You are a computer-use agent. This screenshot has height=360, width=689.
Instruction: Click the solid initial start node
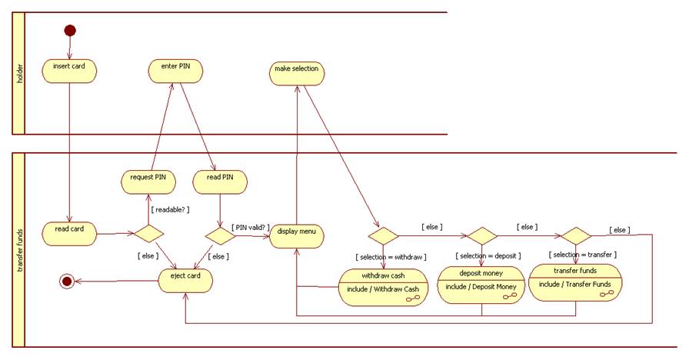click(70, 30)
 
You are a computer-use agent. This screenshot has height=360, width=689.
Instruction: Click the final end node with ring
click(67, 282)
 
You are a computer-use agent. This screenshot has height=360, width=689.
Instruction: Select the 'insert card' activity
click(69, 71)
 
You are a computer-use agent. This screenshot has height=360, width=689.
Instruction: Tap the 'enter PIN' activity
click(176, 71)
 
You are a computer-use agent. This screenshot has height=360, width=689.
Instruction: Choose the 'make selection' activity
click(297, 73)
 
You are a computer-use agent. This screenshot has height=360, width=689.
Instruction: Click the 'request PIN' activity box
click(148, 182)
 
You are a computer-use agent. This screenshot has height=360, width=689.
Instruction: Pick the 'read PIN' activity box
click(220, 182)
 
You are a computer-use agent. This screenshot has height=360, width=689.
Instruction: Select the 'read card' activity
click(69, 234)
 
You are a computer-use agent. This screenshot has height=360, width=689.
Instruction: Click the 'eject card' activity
click(185, 281)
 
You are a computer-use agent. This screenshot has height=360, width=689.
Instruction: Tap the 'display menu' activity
click(297, 236)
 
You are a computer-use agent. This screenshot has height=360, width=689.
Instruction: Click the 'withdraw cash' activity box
click(383, 287)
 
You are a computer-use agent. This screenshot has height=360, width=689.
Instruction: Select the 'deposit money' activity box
click(481, 285)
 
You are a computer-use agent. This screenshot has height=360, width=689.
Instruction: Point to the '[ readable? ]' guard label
click(170, 210)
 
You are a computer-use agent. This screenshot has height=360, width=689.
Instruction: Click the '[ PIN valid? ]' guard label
click(251, 227)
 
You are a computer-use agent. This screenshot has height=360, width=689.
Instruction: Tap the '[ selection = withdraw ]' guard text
click(391, 257)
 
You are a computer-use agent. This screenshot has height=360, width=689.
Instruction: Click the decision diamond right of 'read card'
click(148, 233)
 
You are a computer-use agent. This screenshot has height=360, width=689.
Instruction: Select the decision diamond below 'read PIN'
click(220, 236)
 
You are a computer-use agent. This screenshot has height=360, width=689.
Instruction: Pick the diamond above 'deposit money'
click(481, 236)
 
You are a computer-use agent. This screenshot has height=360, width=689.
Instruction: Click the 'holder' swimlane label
click(19, 74)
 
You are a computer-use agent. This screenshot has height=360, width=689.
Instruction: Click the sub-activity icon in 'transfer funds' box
click(607, 293)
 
